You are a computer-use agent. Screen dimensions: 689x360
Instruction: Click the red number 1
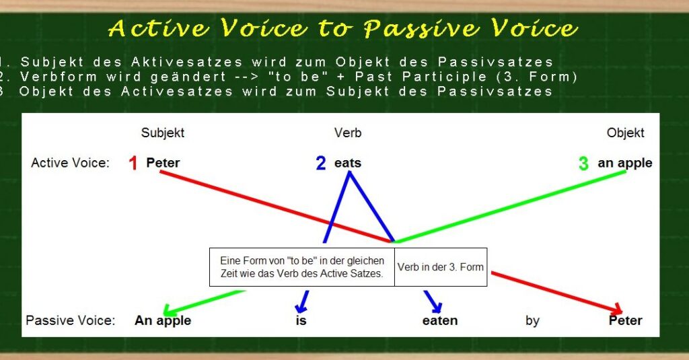click(x=133, y=163)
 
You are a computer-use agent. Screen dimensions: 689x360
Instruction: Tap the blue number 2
click(x=321, y=163)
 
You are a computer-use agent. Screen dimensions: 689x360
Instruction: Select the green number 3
click(x=583, y=163)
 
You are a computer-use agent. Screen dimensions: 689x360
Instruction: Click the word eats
click(x=348, y=163)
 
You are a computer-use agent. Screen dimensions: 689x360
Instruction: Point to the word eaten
click(x=440, y=320)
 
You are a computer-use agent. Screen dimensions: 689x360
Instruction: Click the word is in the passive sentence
click(x=301, y=320)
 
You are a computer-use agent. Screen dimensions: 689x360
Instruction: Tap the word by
click(x=532, y=321)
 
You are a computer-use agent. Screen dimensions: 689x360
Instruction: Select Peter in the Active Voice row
click(x=163, y=163)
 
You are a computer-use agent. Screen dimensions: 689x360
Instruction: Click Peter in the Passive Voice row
click(x=625, y=320)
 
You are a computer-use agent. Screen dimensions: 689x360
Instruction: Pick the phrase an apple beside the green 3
click(x=625, y=164)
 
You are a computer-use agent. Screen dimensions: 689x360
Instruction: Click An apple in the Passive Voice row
click(x=163, y=321)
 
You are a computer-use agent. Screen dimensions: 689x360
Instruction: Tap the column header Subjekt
click(x=163, y=133)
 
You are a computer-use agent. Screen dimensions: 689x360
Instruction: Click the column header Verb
click(x=348, y=133)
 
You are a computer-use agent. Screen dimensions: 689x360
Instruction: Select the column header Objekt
click(x=625, y=133)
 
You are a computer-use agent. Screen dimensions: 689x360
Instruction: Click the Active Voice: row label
click(x=70, y=163)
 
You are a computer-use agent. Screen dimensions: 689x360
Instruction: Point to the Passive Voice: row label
click(x=70, y=320)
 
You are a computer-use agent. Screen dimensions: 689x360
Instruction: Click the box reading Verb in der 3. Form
click(x=441, y=267)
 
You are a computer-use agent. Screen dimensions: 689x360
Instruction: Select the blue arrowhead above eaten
click(x=435, y=306)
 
